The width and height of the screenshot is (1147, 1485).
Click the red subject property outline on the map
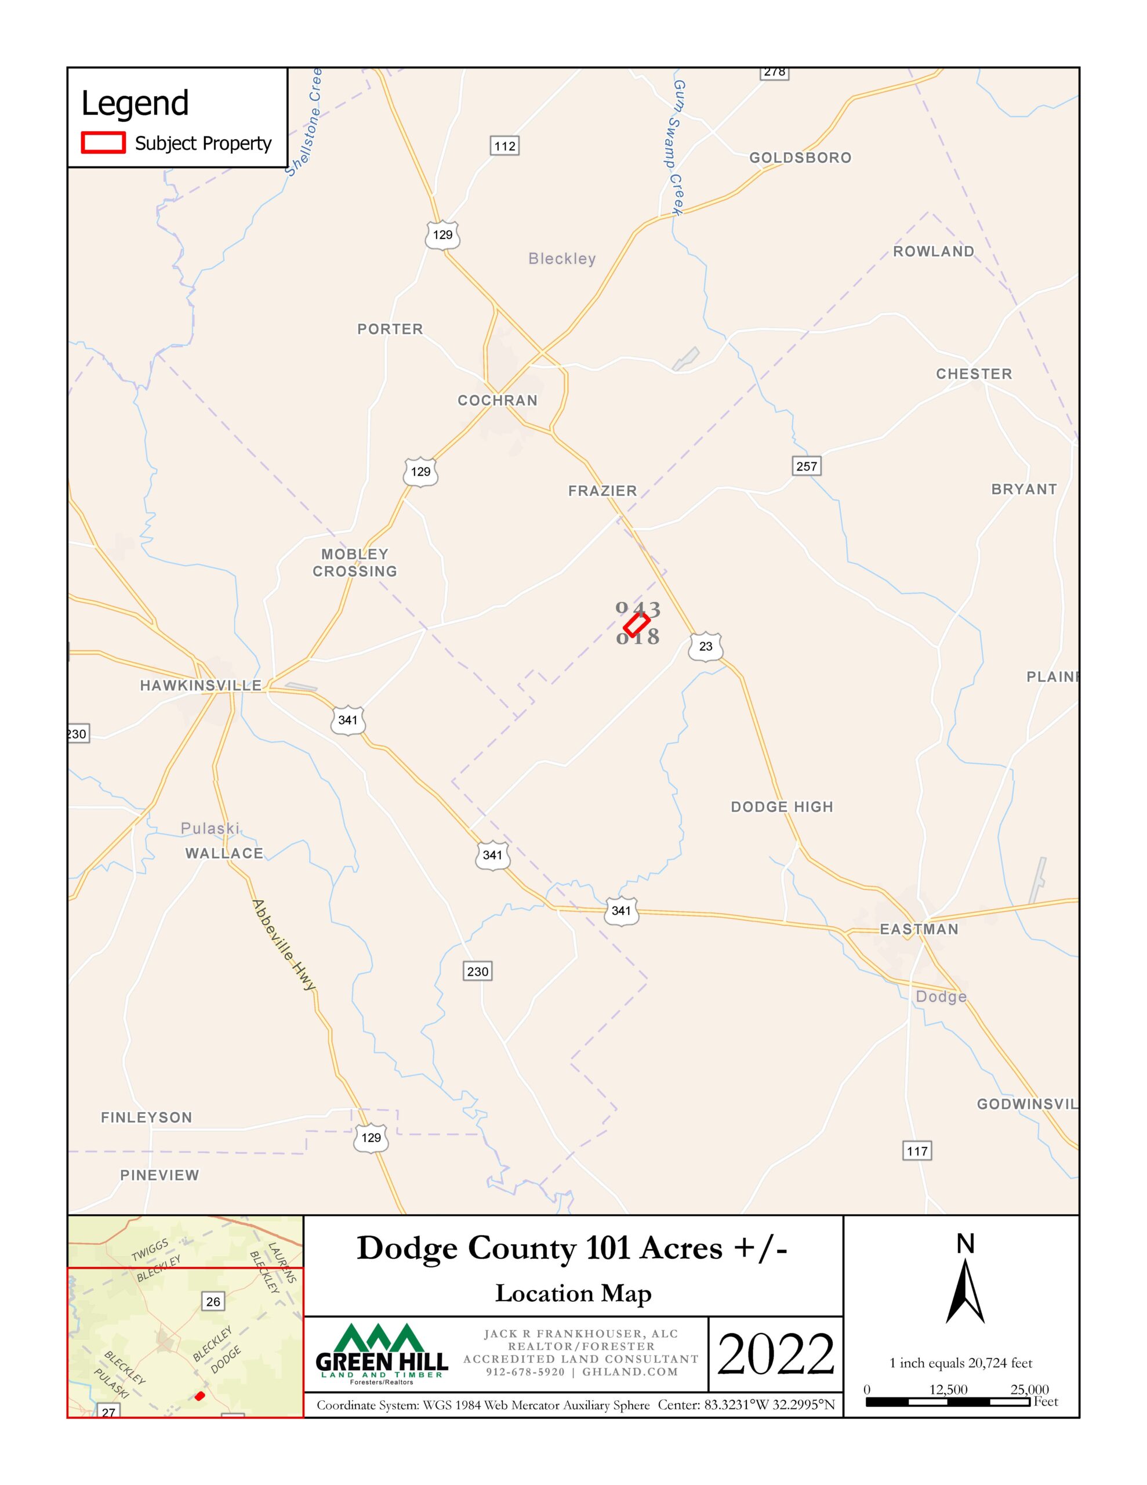coord(636,624)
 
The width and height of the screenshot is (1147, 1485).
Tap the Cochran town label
coord(497,400)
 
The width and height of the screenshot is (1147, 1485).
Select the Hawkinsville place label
coord(201,686)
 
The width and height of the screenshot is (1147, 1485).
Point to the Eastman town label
coord(919,929)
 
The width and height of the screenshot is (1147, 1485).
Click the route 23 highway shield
coord(705,646)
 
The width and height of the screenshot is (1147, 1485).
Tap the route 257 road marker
coord(807,466)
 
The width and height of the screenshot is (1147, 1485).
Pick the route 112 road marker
coord(504,146)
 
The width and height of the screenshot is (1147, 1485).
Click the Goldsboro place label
coord(800,158)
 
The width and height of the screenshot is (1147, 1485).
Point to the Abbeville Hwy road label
coord(284,945)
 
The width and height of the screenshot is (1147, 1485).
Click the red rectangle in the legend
coord(103,143)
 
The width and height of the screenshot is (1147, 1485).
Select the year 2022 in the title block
coord(775,1354)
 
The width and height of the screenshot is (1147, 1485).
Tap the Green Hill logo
coord(382,1353)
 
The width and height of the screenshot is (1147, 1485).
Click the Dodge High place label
coord(781,807)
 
